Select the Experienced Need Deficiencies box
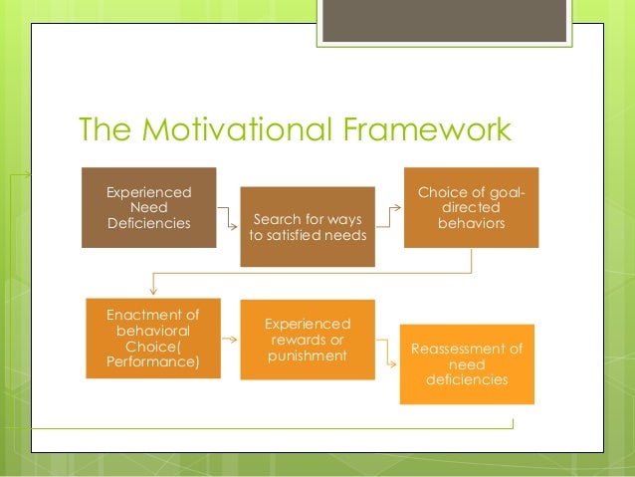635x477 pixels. [x=149, y=206]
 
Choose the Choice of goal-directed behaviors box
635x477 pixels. [x=471, y=207]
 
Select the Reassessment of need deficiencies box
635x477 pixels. [x=466, y=363]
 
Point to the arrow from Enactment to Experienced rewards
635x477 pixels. [x=228, y=340]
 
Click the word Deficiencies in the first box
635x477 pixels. [x=149, y=222]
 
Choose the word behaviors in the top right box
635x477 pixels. [x=471, y=223]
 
